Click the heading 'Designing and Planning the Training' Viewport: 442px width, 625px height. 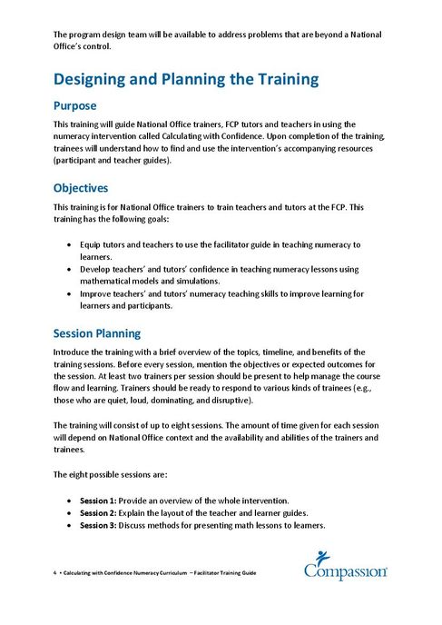pyautogui.click(x=186, y=79)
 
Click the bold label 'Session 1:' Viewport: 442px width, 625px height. pyautogui.click(x=98, y=501)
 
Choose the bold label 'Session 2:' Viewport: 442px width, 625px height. pyautogui.click(x=98, y=512)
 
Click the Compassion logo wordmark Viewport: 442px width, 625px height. pyautogui.click(x=346, y=572)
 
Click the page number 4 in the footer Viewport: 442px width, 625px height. pyautogui.click(x=55, y=574)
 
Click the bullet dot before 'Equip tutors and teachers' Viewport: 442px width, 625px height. pyautogui.click(x=72, y=245)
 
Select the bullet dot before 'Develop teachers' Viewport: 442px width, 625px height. pyautogui.click(x=72, y=270)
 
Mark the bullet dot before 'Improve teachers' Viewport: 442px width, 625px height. pyautogui.click(x=72, y=294)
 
